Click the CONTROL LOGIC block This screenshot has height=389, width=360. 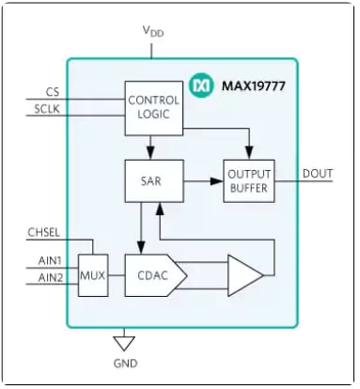tap(151, 107)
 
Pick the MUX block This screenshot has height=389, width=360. tap(93, 275)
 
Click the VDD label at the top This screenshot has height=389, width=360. tap(152, 31)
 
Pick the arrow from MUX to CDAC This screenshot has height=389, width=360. tap(117, 275)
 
